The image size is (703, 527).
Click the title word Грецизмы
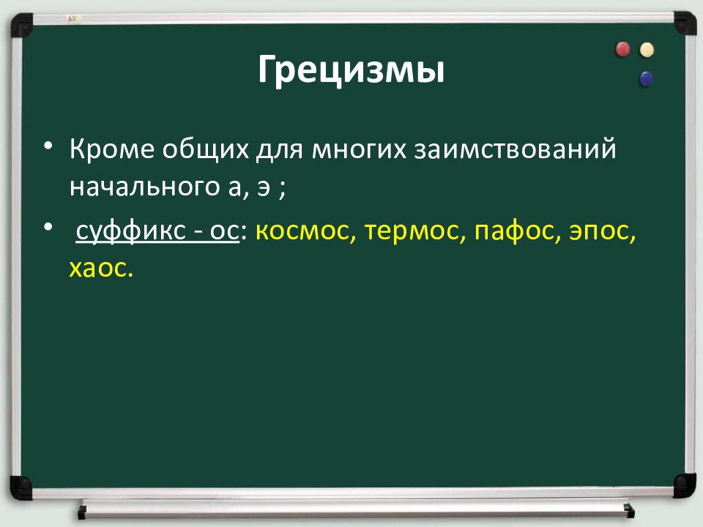[351, 70]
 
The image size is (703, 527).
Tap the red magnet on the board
[622, 49]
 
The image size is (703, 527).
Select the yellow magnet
[647, 50]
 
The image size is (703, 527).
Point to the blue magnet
[646, 79]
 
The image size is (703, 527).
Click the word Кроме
[111, 149]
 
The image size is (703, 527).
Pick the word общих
[205, 149]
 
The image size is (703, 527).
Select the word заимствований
[515, 149]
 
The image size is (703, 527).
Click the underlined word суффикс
[130, 231]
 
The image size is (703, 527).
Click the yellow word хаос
[101, 269]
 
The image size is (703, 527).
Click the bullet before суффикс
[48, 227]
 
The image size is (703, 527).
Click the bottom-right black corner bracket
[685, 485]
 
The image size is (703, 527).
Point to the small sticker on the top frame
[73, 19]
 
